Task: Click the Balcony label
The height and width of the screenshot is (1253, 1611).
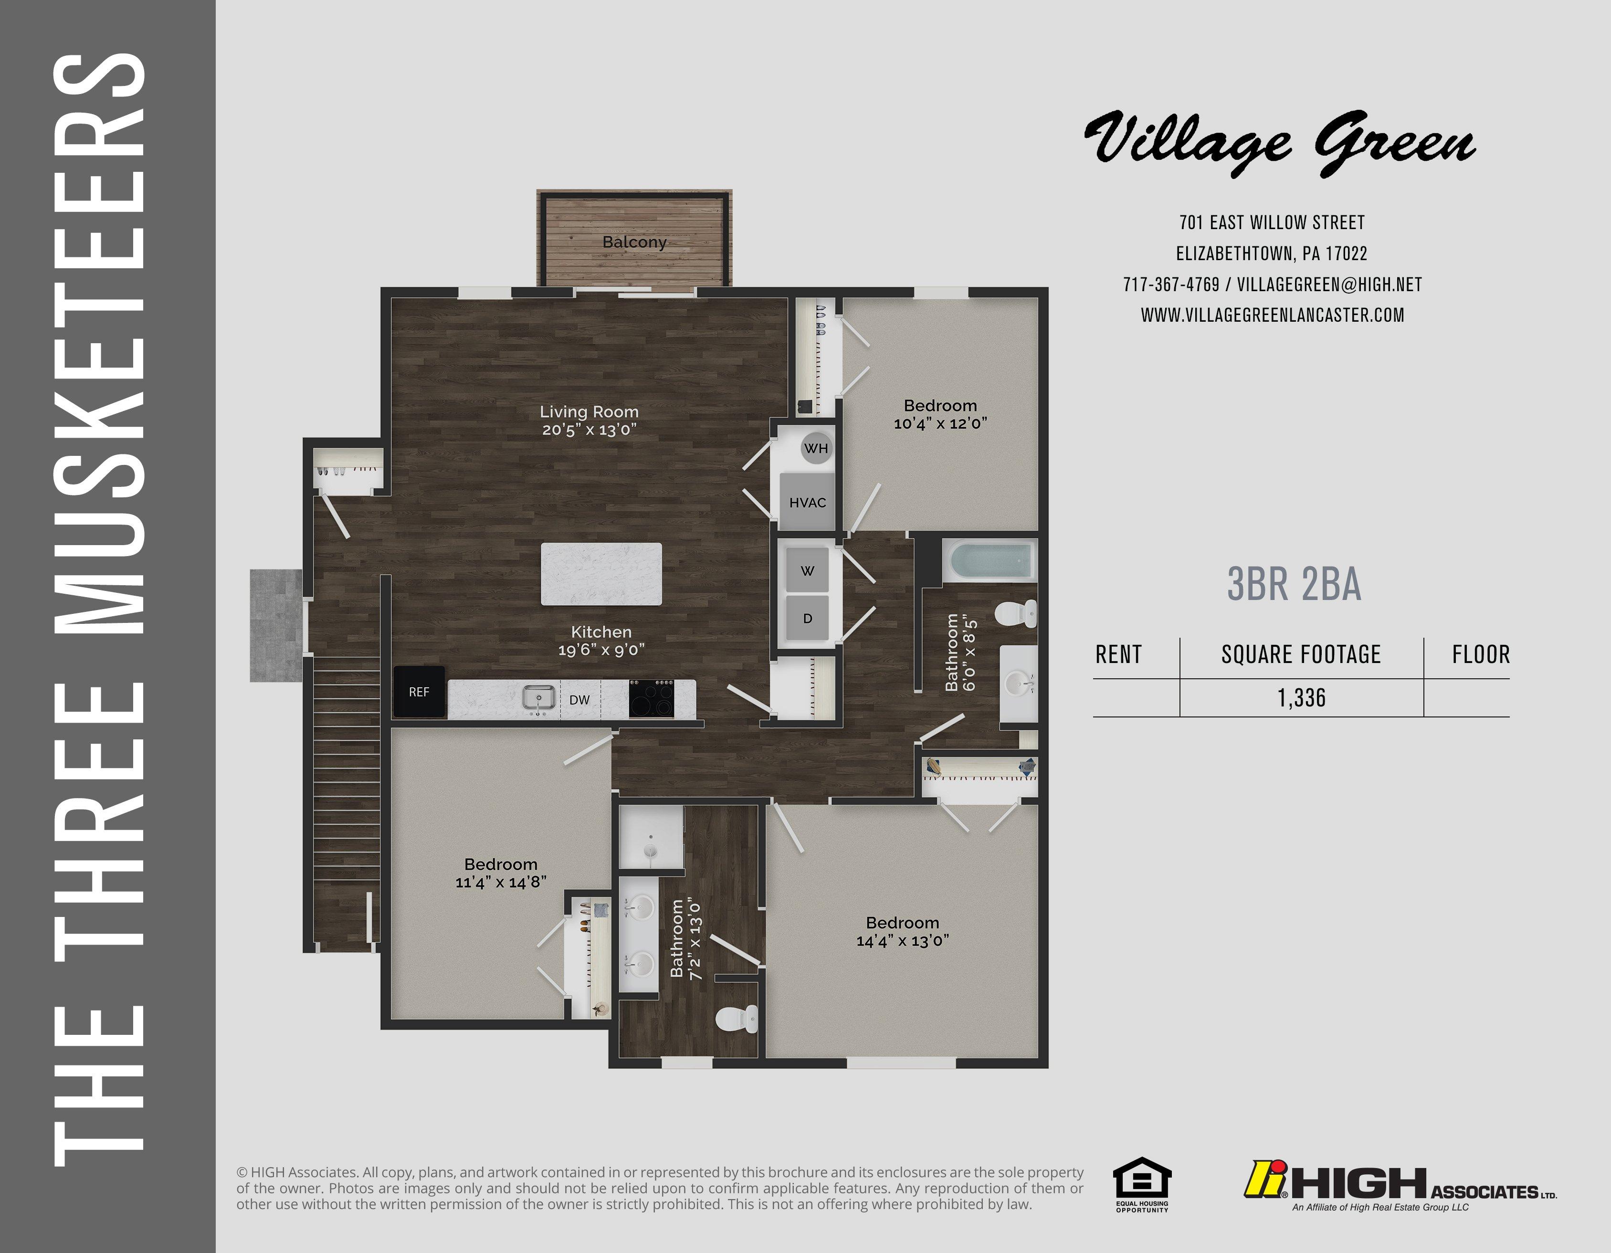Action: tap(634, 242)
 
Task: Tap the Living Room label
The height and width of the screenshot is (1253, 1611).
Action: tap(589, 411)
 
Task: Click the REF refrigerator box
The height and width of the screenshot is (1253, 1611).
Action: tap(419, 692)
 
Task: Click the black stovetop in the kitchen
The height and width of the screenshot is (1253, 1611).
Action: tap(652, 698)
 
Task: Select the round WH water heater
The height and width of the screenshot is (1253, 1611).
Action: tap(816, 448)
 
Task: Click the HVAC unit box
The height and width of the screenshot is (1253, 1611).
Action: tap(807, 502)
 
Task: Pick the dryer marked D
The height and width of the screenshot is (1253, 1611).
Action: tap(808, 618)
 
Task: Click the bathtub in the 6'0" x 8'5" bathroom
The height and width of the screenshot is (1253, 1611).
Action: tap(990, 562)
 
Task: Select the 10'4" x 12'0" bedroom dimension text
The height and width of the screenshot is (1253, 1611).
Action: tap(940, 423)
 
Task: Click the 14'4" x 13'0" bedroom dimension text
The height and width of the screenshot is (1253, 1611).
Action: tap(902, 940)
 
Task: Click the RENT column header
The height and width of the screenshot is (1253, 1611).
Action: tap(1118, 654)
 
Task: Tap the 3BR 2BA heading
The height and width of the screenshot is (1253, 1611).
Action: tap(1294, 584)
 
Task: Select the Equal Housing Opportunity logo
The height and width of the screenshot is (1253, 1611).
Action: tap(1142, 1185)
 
